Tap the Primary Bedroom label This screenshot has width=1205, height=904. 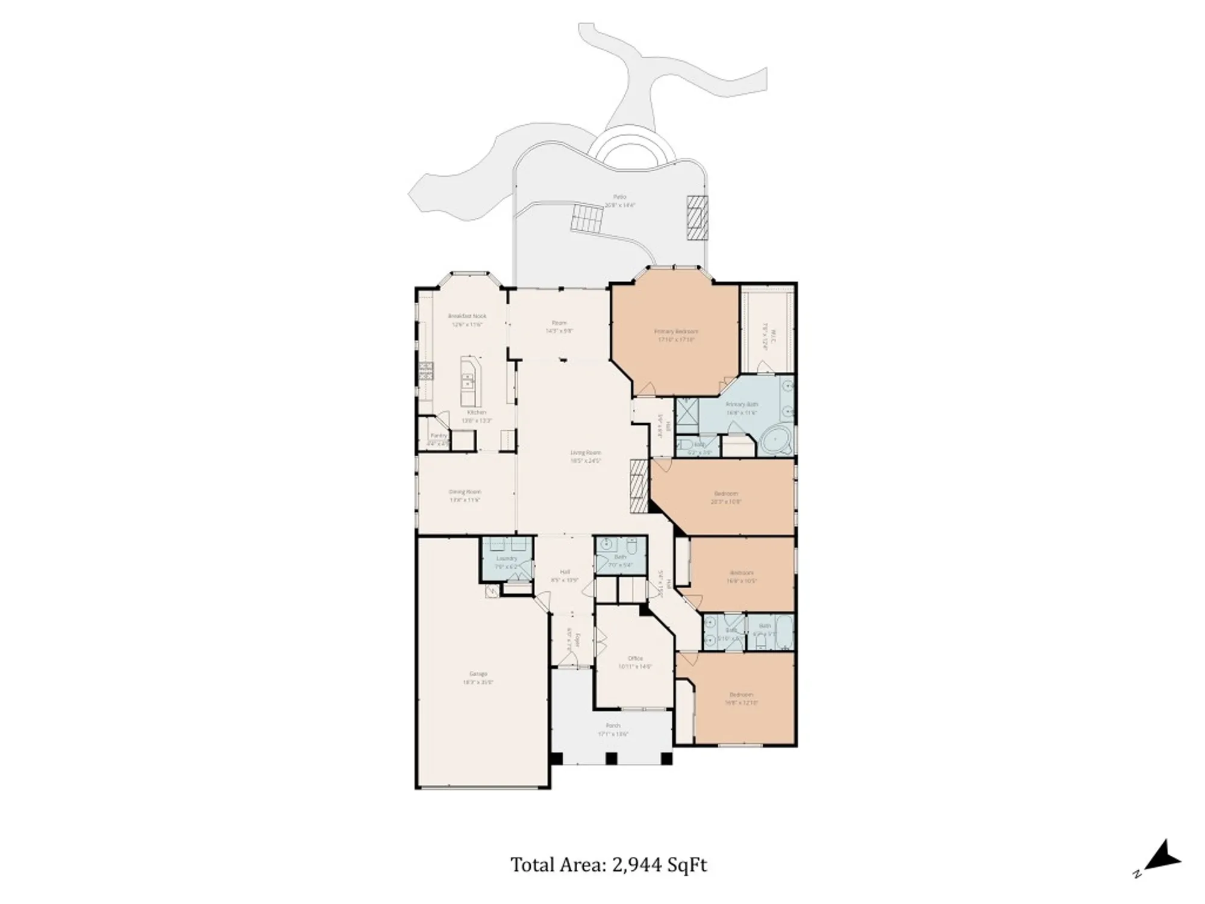coord(676,331)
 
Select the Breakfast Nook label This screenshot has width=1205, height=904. coord(467,316)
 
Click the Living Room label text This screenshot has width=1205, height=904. coord(586,453)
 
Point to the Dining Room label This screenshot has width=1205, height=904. coord(465,492)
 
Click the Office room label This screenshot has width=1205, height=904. coord(635,658)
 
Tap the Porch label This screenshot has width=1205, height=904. coord(613,726)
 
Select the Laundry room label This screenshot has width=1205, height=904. coord(506,559)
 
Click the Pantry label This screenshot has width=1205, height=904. coord(439,435)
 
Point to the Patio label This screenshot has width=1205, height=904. coord(619,197)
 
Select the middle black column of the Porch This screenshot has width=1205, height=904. coord(612,759)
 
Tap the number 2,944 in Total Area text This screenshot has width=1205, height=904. coord(637,865)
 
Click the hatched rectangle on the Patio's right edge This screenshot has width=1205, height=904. coord(698,217)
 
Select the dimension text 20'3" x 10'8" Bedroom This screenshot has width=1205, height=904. coord(725,501)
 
